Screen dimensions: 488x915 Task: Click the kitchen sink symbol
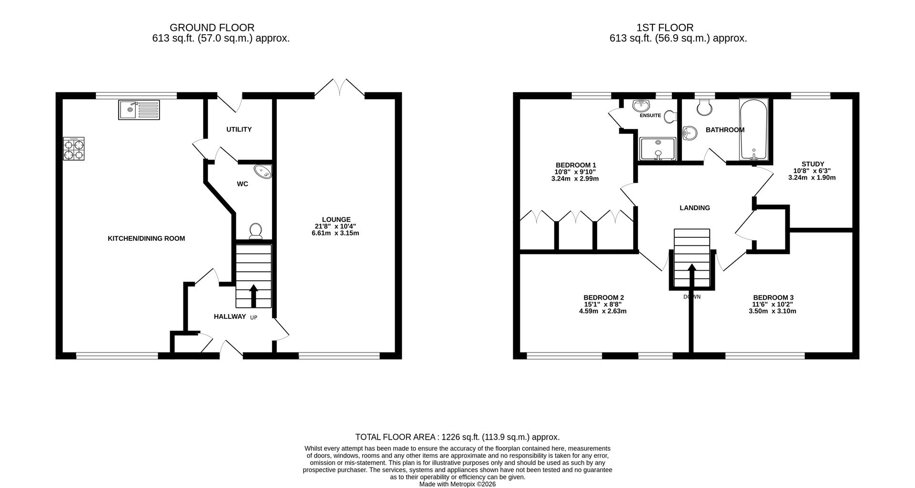[139, 110]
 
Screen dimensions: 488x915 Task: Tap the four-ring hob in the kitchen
[74, 148]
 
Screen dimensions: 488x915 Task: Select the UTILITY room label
[239, 130]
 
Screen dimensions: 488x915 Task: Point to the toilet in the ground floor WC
[256, 231]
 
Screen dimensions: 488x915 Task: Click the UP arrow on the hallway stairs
[253, 295]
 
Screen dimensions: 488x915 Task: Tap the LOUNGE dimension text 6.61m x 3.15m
[335, 233]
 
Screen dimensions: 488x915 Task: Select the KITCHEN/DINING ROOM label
[146, 238]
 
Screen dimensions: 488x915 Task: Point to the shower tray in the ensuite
[658, 148]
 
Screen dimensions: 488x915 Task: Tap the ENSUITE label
[650, 115]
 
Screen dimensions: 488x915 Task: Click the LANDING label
[694, 208]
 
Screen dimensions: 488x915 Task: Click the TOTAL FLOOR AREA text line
[457, 437]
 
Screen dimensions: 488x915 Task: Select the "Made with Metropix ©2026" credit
[457, 484]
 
